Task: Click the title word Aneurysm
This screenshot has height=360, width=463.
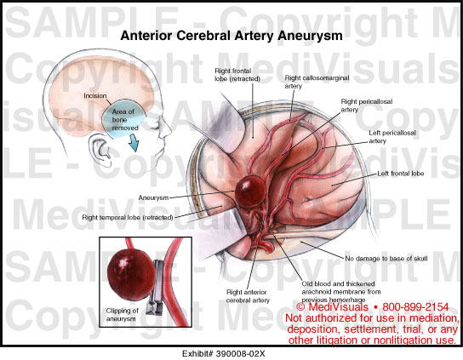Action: [x=310, y=36]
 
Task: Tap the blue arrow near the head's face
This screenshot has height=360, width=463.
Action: [x=134, y=142]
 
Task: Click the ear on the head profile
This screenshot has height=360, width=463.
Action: [x=100, y=149]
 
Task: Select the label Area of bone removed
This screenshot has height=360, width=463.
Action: [x=124, y=120]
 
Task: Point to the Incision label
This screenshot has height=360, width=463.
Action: [x=94, y=96]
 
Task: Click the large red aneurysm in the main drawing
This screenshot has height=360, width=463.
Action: [x=250, y=191]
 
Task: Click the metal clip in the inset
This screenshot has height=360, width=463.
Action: [x=157, y=288]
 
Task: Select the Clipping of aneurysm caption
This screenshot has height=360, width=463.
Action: [x=122, y=315]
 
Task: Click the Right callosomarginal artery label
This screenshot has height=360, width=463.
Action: [x=317, y=82]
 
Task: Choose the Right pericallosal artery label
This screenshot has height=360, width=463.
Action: [x=367, y=106]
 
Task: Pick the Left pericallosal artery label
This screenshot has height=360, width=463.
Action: [x=392, y=137]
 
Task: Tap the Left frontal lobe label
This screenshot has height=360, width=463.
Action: [x=400, y=174]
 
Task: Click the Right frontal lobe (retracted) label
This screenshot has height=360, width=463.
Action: [x=237, y=75]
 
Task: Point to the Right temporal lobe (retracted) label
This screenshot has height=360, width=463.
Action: [x=128, y=218]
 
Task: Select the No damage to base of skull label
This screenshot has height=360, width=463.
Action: [x=386, y=259]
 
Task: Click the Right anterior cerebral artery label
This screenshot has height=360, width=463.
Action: [x=248, y=296]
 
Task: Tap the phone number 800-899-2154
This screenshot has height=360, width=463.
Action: [x=415, y=307]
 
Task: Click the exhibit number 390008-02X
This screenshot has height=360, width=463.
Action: [x=240, y=354]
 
